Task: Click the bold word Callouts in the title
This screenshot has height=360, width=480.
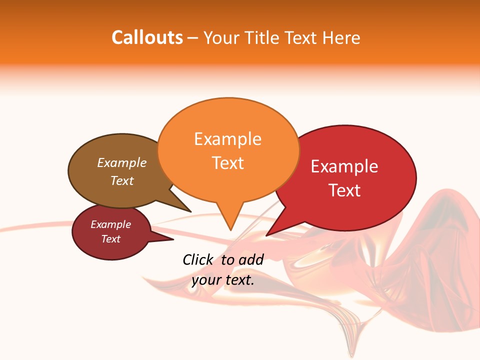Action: pyautogui.click(x=147, y=37)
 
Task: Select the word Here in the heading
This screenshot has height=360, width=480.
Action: pyautogui.click(x=341, y=37)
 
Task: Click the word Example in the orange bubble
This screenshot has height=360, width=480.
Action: pyautogui.click(x=227, y=139)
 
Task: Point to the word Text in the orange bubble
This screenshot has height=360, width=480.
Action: pyautogui.click(x=227, y=163)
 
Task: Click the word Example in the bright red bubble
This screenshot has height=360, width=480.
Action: pyautogui.click(x=344, y=166)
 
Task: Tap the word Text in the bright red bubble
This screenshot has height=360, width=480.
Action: pyautogui.click(x=344, y=190)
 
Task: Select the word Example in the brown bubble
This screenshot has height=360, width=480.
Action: pyautogui.click(x=121, y=163)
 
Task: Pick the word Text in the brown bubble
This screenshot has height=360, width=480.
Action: pyautogui.click(x=121, y=180)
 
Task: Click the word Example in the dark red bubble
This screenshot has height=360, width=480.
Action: pyautogui.click(x=110, y=224)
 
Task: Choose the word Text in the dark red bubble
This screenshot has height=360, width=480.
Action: pyautogui.click(x=110, y=239)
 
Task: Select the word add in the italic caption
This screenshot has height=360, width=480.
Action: pyautogui.click(x=250, y=259)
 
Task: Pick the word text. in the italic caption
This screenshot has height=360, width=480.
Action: pyautogui.click(x=239, y=280)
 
